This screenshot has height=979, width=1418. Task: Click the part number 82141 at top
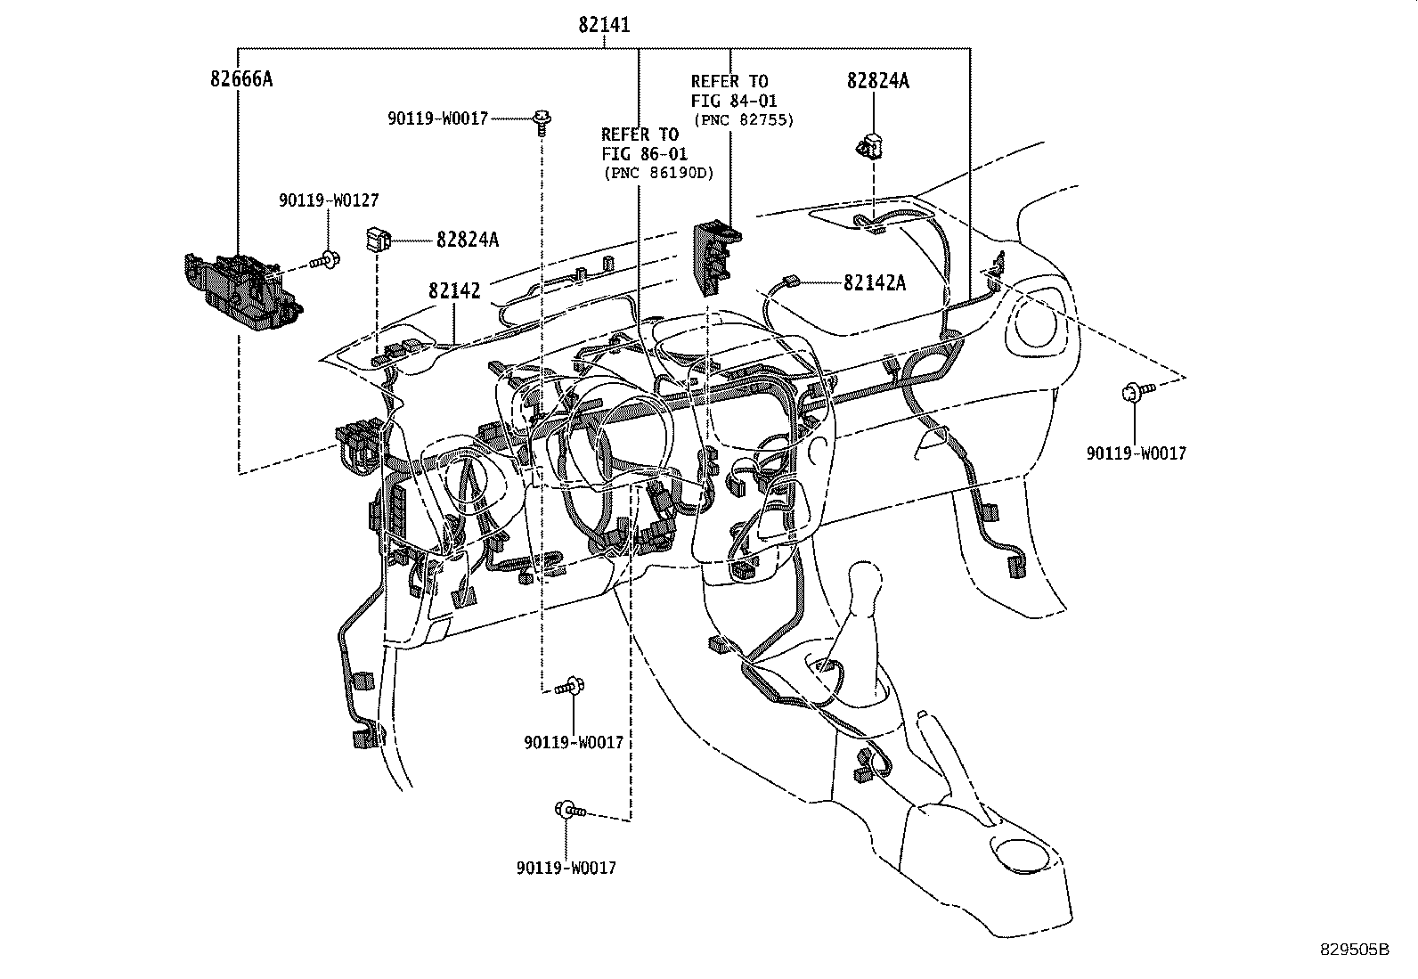pos(604,25)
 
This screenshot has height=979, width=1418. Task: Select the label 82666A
pos(240,79)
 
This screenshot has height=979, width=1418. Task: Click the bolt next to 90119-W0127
pos(324,261)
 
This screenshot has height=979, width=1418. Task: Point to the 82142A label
pos(874,282)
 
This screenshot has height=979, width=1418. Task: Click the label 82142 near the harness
pos(454,291)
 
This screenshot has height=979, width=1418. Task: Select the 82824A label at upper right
pos(877,81)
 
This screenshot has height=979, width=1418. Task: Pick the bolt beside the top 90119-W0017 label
pos(541,119)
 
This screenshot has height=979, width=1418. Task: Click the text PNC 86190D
pos(658,173)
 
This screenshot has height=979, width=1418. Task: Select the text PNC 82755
pos(742,119)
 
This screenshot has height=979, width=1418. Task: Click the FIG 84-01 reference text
pos(733,101)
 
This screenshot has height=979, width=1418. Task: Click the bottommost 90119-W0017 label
pos(565,867)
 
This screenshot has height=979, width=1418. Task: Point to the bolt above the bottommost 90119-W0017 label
pos(568,810)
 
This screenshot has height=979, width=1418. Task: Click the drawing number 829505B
pos(1354,950)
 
